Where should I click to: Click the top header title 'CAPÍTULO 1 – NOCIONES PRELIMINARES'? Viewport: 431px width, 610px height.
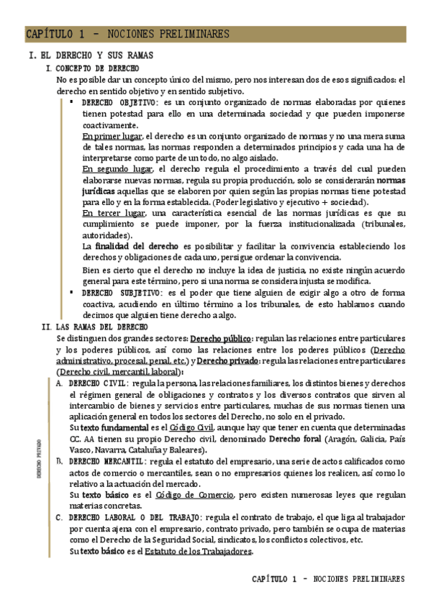[127, 34]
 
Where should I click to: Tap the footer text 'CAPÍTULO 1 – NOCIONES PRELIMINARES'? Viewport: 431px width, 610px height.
[328, 579]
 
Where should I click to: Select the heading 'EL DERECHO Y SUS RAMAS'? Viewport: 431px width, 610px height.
[96, 56]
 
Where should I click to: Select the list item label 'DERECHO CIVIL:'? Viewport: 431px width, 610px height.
[97, 383]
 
